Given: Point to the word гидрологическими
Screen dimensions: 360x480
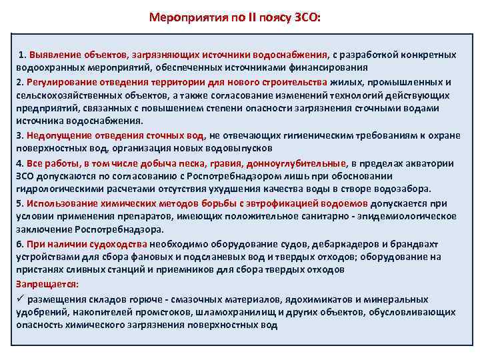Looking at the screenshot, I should [x=54, y=189].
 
